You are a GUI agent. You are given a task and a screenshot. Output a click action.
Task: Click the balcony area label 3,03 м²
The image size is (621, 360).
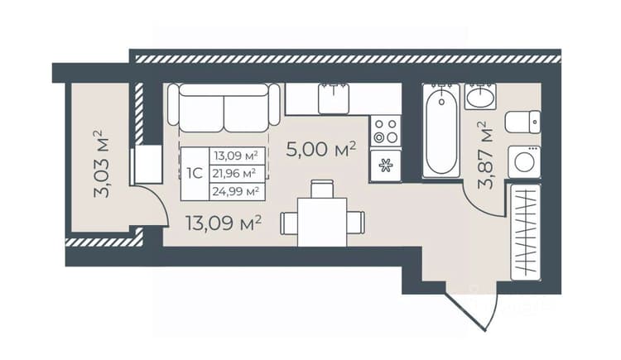pyautogui.click(x=102, y=163)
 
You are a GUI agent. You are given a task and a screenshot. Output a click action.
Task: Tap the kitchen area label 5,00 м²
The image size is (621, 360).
pyautogui.click(x=321, y=149)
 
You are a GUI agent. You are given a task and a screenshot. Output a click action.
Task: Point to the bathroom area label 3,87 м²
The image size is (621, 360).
pyautogui.click(x=485, y=156)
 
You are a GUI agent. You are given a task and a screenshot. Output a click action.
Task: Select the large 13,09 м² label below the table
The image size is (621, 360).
pyautogui.click(x=224, y=223)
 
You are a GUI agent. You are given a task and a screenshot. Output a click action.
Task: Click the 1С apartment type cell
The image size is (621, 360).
pyautogui.click(x=195, y=173)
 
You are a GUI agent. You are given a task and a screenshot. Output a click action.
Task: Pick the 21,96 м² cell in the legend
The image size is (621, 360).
pyautogui.click(x=237, y=173)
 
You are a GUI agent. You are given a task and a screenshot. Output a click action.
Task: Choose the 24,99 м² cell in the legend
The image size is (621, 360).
pyautogui.click(x=237, y=191)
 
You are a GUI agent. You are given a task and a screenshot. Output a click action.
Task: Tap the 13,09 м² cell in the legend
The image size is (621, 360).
pyautogui.click(x=237, y=156)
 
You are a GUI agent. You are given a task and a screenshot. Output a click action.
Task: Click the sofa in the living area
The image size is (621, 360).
pyautogui.click(x=224, y=108)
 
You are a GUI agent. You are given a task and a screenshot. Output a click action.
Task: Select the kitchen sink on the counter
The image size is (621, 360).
pyautogui.click(x=334, y=98)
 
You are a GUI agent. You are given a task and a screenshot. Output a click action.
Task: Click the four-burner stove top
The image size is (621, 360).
pyautogui.click(x=386, y=131)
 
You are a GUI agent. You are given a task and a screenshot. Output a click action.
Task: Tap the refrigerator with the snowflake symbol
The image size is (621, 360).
pyautogui.click(x=386, y=166)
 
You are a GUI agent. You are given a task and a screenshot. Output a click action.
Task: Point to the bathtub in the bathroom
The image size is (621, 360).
pyautogui.click(x=441, y=130)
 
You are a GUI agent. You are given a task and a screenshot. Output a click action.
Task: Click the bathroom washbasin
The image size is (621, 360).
pyautogui.click(x=480, y=96)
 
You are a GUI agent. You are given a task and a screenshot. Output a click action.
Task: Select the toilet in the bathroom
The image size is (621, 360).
pyautogui.click(x=522, y=122)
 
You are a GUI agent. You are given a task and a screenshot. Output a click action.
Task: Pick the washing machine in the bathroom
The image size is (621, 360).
pyautogui.click(x=524, y=162)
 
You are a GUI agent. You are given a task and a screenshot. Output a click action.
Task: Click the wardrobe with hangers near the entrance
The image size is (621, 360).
pyautogui.click(x=526, y=232)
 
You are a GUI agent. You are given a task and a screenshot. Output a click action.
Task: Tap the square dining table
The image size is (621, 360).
pyautogui.click(x=322, y=222)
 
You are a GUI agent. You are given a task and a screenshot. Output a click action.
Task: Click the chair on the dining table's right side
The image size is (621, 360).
pyautogui.click(x=356, y=223)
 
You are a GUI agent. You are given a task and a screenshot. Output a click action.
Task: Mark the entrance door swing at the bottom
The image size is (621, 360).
pyautogui.click(x=471, y=308)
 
